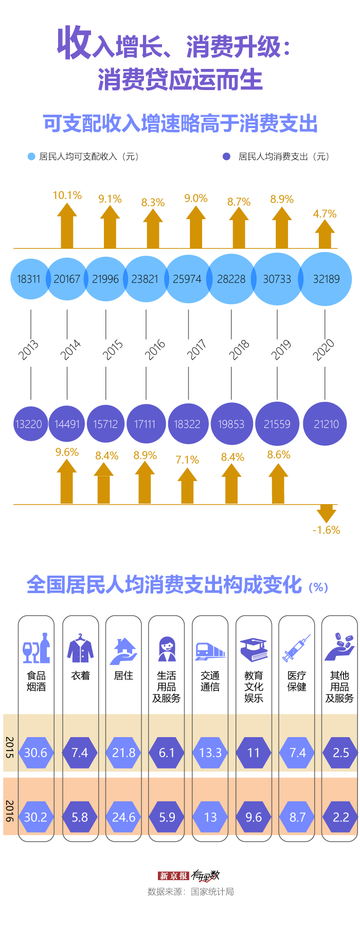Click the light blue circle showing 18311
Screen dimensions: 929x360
[x=29, y=279]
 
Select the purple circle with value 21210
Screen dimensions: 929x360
[x=326, y=424]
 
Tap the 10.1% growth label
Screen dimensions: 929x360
[x=67, y=195]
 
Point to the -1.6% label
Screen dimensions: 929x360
[x=326, y=530]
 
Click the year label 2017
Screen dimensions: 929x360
[x=196, y=349]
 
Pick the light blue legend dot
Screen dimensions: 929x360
[x=31, y=156]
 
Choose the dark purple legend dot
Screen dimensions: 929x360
[x=226, y=156]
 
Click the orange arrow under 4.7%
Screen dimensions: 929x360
[x=325, y=235]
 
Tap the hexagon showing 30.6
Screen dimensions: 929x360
[x=35, y=753]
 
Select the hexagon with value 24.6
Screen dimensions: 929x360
[x=123, y=817]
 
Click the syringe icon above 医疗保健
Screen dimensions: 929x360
[x=297, y=648]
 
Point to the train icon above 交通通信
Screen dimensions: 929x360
[x=210, y=651]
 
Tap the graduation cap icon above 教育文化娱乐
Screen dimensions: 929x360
[x=254, y=650]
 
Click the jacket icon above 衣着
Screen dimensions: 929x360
[x=80, y=649]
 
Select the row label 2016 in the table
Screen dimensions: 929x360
[x=10, y=811]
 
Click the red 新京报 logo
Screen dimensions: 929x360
[x=173, y=876]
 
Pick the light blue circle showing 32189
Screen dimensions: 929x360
[x=326, y=279]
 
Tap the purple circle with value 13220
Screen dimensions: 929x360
[x=29, y=424]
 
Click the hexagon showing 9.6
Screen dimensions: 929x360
[x=254, y=817]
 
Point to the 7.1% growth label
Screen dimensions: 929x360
[x=187, y=460]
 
